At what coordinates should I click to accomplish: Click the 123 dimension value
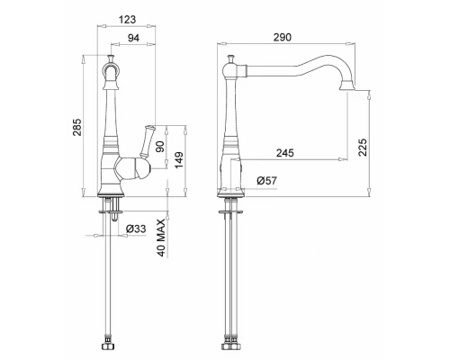coord(127,20)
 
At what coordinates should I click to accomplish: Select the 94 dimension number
coord(133,38)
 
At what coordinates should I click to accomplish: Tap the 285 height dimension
coord(77,127)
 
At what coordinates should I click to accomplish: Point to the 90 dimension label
coord(161,147)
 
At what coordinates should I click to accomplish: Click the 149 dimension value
coord(179,160)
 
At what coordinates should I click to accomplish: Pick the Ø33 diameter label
coord(136,229)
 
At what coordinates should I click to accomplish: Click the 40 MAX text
coord(161,238)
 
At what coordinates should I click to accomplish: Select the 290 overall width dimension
coord(283,38)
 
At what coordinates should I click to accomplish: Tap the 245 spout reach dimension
coord(285,153)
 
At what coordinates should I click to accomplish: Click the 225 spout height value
coord(363,147)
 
